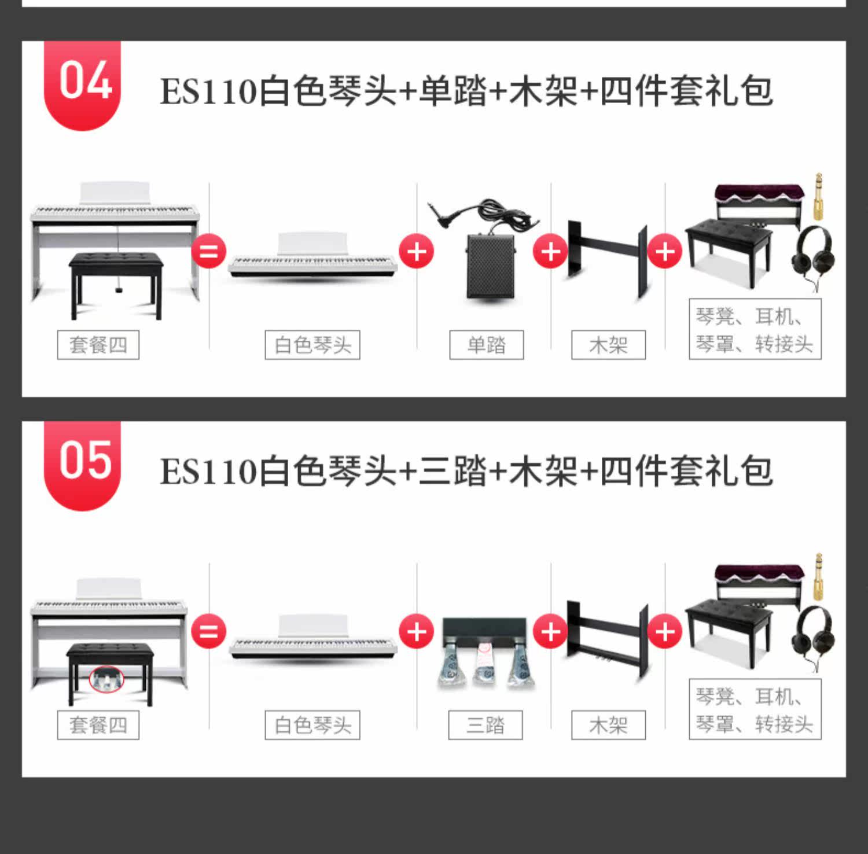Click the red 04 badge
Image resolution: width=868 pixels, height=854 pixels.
click(83, 84)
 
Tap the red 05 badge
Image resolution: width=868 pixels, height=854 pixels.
click(83, 463)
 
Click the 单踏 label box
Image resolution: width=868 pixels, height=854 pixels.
click(486, 345)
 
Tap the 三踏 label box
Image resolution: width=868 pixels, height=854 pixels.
click(485, 725)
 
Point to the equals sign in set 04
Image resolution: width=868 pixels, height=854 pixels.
click(208, 251)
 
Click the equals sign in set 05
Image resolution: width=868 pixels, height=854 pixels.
click(208, 631)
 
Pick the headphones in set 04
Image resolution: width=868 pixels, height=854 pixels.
click(813, 255)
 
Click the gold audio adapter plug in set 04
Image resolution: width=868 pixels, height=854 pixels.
click(818, 197)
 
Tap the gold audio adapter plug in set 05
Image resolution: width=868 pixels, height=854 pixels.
click(818, 577)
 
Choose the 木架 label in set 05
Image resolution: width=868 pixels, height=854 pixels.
click(608, 725)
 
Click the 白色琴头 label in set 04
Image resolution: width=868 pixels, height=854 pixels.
click(312, 345)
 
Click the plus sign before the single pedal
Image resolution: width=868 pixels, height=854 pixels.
click(416, 251)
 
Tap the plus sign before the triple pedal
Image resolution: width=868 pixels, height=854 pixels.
click(416, 631)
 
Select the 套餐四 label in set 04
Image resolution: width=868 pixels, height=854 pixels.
click(98, 345)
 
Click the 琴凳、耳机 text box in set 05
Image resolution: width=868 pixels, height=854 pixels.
click(755, 709)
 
